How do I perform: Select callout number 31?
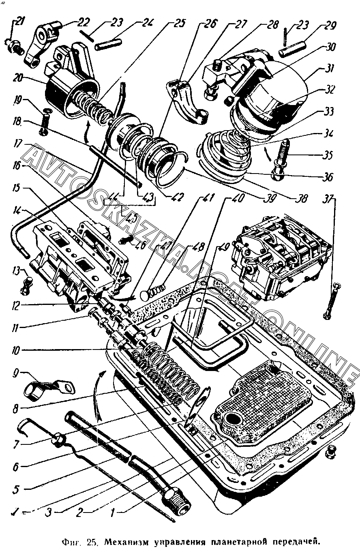coord(327,69)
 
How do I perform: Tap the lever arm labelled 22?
coord(41,43)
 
